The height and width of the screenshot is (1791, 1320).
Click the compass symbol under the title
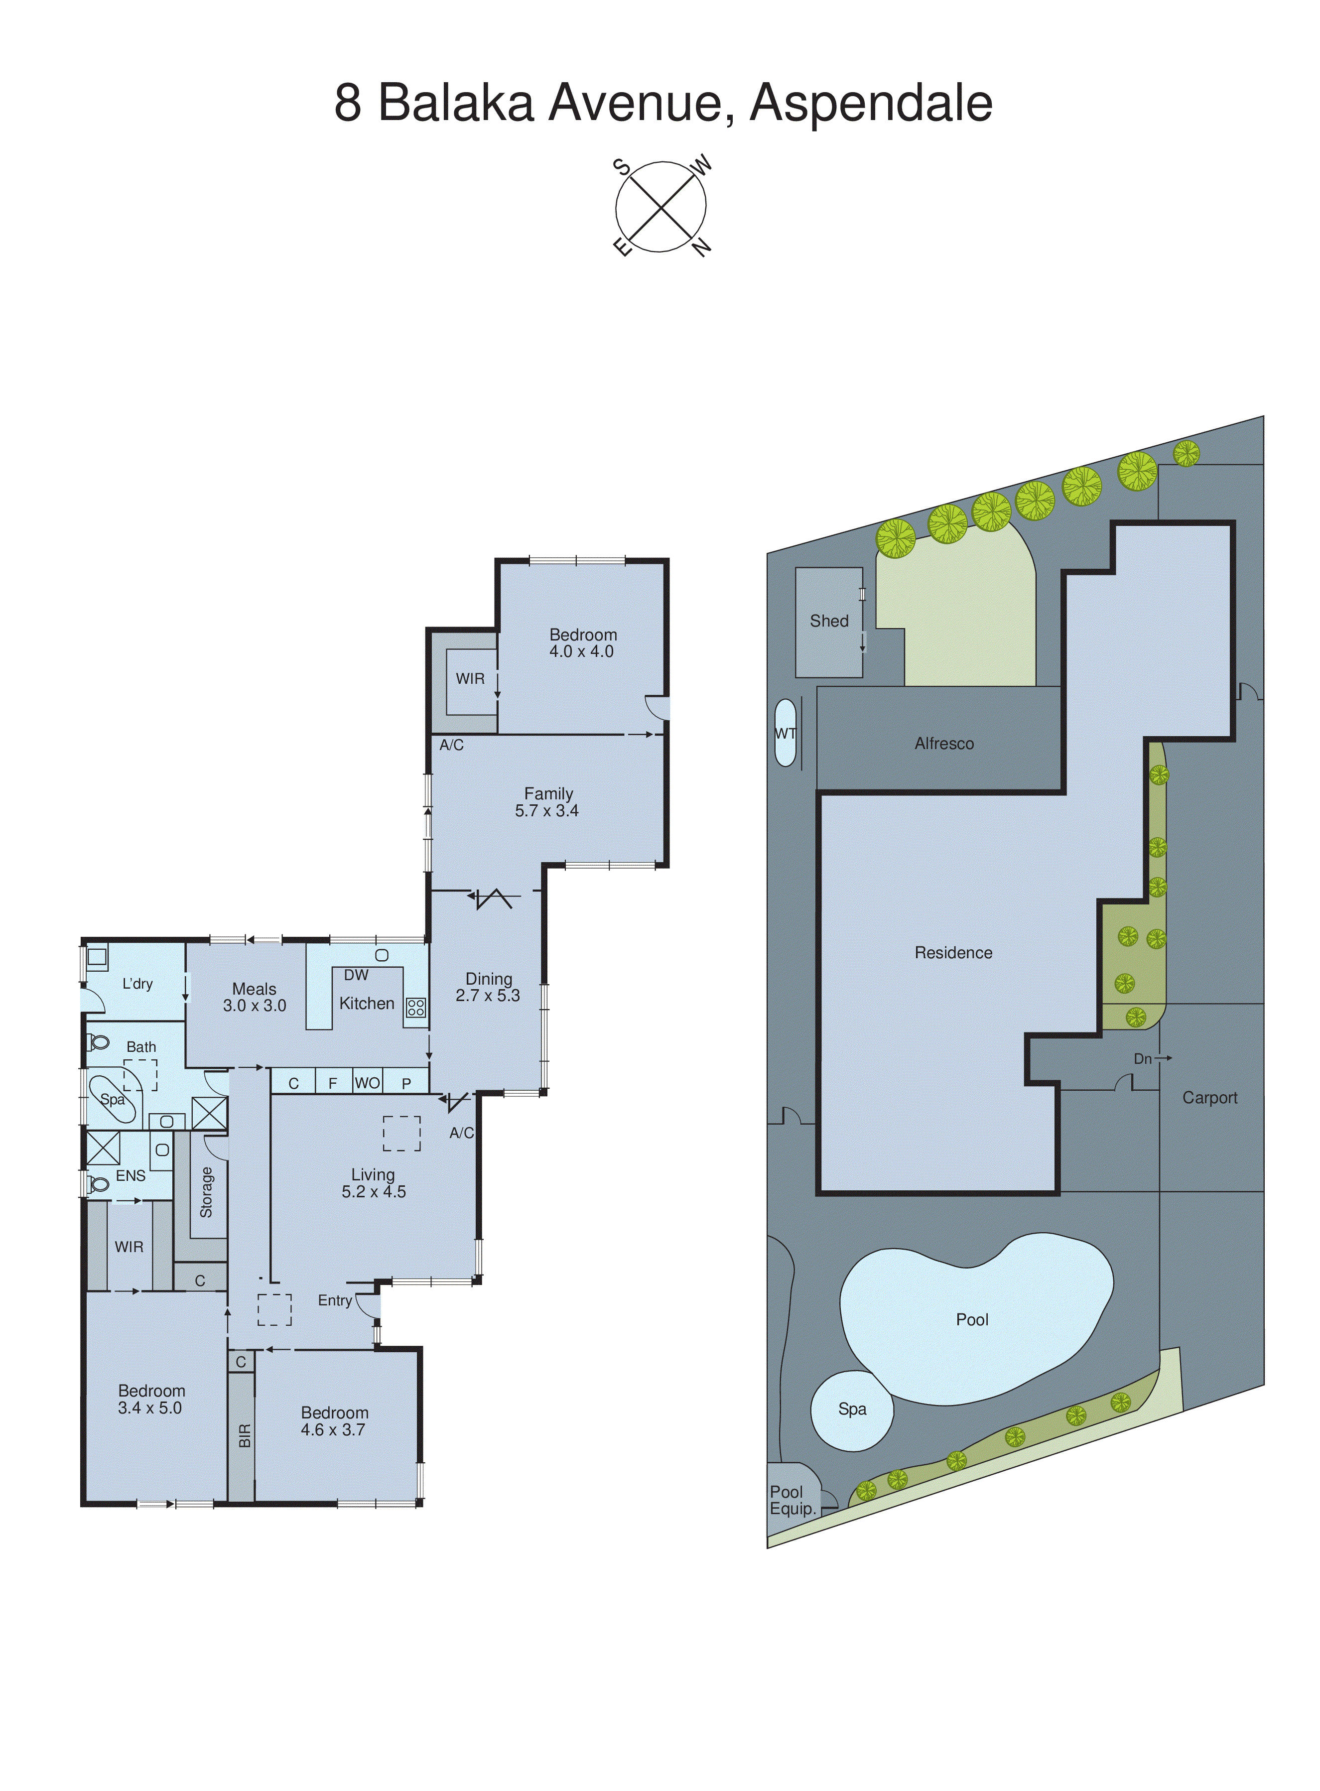click(x=661, y=207)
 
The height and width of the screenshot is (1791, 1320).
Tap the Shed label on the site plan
click(x=828, y=621)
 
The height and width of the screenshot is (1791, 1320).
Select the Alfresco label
click(x=943, y=744)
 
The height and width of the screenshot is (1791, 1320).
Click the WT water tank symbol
click(x=786, y=733)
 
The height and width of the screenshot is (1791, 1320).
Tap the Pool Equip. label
click(x=792, y=1500)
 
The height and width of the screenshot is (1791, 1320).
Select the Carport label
click(x=1209, y=1098)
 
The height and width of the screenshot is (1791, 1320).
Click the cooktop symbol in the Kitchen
click(x=415, y=1008)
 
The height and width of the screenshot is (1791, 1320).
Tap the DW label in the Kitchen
click(x=356, y=975)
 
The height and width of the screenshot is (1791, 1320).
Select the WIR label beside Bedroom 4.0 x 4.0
click(x=470, y=678)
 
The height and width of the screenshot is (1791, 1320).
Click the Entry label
click(x=335, y=1300)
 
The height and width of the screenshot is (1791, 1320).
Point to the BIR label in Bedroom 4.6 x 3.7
click(x=245, y=1435)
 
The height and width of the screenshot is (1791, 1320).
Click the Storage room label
click(x=206, y=1192)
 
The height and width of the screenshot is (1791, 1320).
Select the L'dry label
click(x=137, y=983)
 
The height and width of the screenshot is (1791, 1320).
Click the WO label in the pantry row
click(x=367, y=1082)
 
